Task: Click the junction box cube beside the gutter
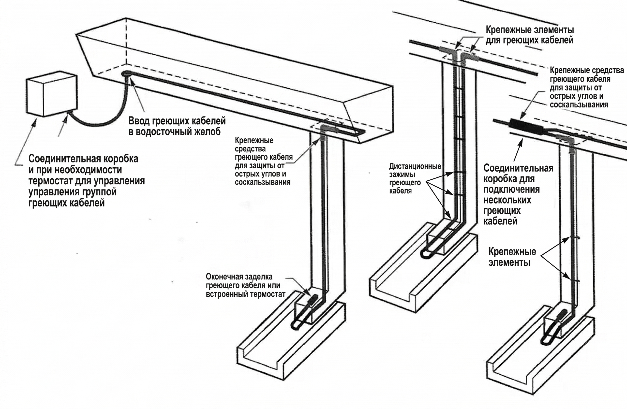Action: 52,93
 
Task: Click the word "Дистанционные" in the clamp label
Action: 415,166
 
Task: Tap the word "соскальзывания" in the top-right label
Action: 579,104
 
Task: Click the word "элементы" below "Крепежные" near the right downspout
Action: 509,263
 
